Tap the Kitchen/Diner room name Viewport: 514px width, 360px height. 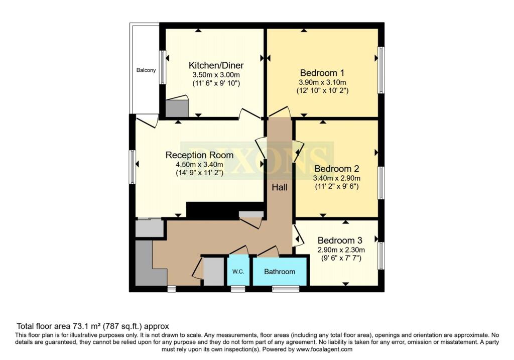point(216,65)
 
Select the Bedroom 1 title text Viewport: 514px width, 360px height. point(322,72)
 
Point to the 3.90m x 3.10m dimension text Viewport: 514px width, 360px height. point(322,82)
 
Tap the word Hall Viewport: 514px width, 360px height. point(280,187)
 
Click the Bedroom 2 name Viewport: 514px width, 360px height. point(336,169)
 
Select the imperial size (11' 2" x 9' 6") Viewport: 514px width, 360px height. point(336,186)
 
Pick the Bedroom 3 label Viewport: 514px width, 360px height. point(340,240)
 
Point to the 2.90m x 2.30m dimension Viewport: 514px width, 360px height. point(341,250)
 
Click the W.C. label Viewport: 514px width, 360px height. point(238,272)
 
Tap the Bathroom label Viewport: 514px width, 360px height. point(280,272)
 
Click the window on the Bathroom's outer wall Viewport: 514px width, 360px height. point(286,289)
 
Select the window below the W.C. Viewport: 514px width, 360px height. point(238,289)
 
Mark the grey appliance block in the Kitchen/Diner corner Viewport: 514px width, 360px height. point(176,108)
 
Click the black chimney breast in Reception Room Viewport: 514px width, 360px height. point(225,210)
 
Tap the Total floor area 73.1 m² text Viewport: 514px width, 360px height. point(93,326)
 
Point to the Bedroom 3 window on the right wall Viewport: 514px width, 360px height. point(381,255)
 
